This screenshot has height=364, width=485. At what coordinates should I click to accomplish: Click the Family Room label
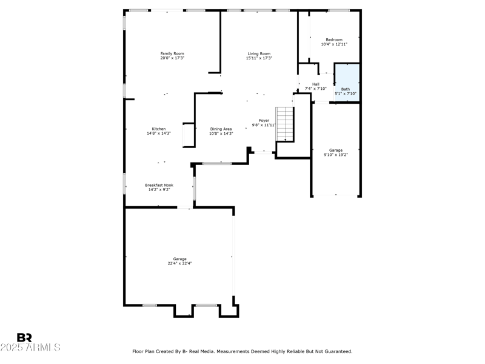(x=172, y=53)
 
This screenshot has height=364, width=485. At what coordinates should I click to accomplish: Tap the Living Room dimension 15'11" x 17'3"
(x=259, y=58)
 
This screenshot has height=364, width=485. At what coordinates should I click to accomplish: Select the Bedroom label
(x=334, y=39)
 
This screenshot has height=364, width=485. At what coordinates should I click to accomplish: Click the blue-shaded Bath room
(x=347, y=82)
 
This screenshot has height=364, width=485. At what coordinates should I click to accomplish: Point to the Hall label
(x=315, y=84)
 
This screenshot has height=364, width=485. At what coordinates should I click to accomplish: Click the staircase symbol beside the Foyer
(x=284, y=124)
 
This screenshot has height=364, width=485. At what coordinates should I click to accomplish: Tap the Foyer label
(x=264, y=120)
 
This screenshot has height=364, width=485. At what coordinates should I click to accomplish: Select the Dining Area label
(x=221, y=129)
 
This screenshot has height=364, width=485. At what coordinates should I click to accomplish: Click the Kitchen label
(x=159, y=129)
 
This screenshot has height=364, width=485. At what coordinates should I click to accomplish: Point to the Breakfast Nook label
(x=159, y=185)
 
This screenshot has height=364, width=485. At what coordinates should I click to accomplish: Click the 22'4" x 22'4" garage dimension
(x=180, y=264)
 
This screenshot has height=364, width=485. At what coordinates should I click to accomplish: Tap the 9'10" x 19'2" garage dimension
(x=335, y=155)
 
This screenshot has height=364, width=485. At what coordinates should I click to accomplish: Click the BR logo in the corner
(x=24, y=337)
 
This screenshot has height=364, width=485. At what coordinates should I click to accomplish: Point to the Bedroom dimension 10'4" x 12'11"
(x=334, y=44)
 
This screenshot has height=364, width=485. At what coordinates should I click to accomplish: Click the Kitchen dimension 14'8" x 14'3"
(x=159, y=133)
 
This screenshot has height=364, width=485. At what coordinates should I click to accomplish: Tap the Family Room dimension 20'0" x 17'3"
(x=172, y=58)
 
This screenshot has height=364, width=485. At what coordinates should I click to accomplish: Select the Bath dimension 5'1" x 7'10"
(x=345, y=93)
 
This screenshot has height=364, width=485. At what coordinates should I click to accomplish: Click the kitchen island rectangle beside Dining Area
(x=188, y=135)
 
